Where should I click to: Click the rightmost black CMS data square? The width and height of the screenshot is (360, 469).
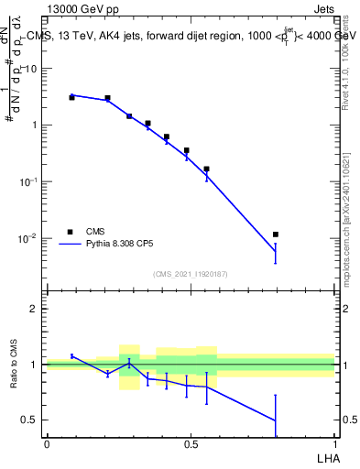(275, 234)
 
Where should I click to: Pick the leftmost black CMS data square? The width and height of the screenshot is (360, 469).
(71, 97)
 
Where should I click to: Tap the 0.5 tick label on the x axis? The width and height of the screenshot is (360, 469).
(191, 444)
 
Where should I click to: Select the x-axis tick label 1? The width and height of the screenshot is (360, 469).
(335, 444)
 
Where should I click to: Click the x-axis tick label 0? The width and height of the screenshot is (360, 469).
(47, 444)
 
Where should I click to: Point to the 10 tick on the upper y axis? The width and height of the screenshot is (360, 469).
(30, 69)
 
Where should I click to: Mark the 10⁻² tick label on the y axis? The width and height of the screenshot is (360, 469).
(28, 238)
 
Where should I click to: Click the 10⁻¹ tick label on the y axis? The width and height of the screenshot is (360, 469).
(28, 181)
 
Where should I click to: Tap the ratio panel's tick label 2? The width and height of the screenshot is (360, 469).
(33, 309)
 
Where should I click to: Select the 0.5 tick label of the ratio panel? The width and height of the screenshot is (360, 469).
(29, 420)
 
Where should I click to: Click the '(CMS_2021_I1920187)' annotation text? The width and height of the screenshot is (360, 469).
(191, 274)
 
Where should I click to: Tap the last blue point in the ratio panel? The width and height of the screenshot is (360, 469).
(275, 420)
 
